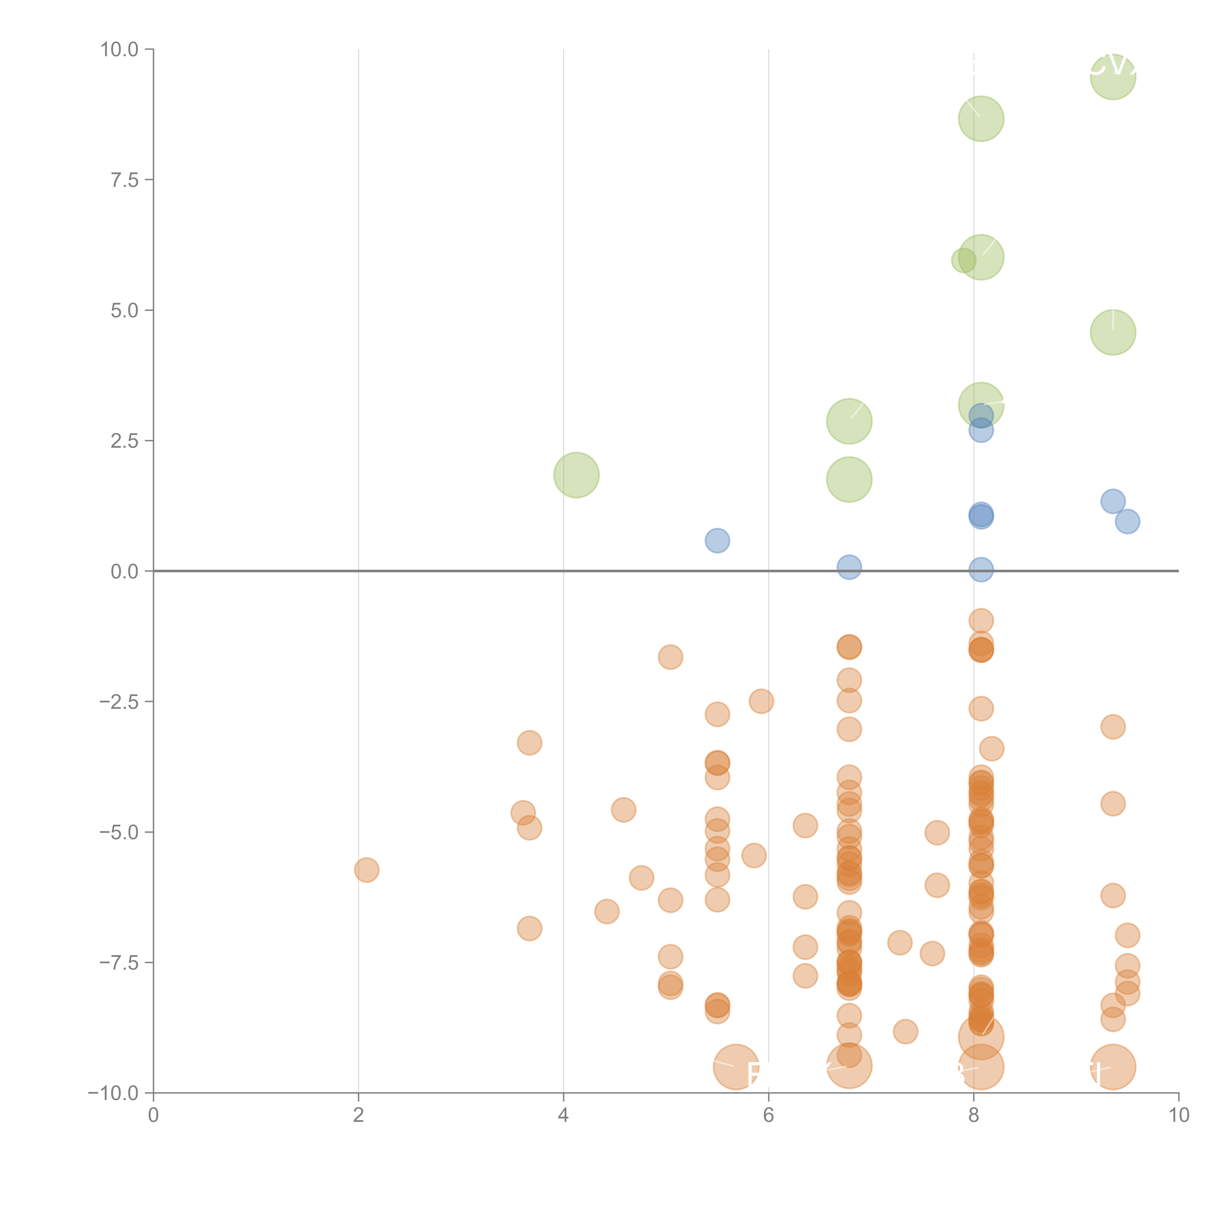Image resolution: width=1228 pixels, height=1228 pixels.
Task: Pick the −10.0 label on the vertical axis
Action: pyautogui.click(x=113, y=1093)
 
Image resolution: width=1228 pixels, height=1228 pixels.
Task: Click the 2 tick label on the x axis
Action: pyautogui.click(x=359, y=1116)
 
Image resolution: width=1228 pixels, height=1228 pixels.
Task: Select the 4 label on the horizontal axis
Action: pyautogui.click(x=563, y=1116)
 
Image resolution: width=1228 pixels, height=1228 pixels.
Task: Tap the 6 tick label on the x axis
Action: pyautogui.click(x=768, y=1116)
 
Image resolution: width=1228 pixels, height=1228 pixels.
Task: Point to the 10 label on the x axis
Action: pyautogui.click(x=1178, y=1116)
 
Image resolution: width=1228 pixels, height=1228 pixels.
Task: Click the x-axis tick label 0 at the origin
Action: pyautogui.click(x=153, y=1116)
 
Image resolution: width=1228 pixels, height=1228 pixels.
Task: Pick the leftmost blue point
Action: pyautogui.click(x=717, y=540)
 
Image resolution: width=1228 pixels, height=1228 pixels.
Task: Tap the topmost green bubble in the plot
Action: pyautogui.click(x=1113, y=77)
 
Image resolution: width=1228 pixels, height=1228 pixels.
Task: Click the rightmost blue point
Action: pyautogui.click(x=1127, y=521)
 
